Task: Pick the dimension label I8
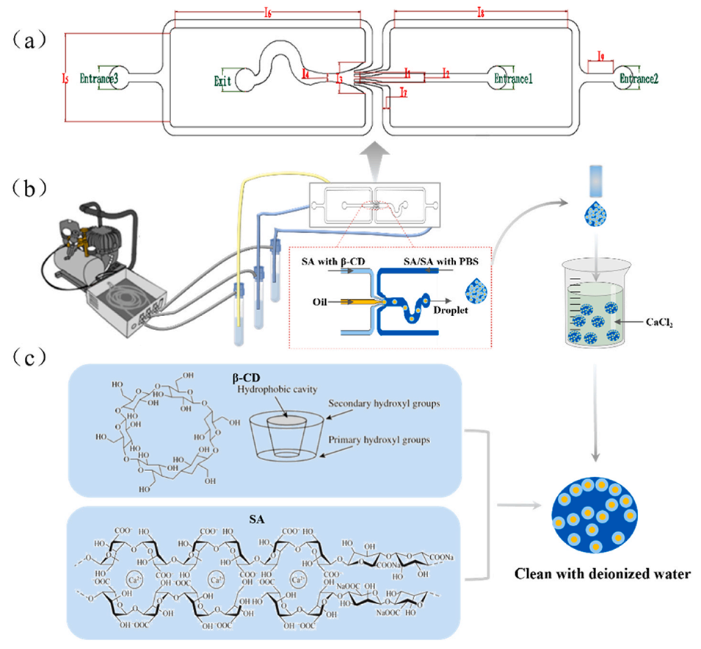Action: (481, 13)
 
